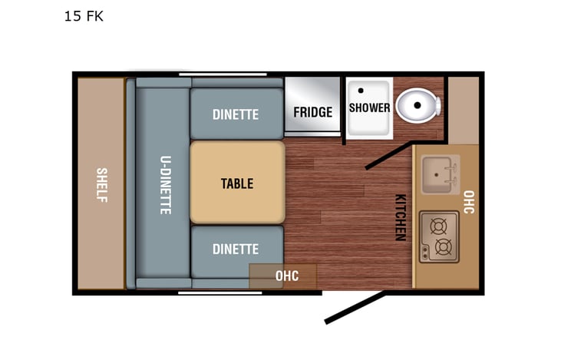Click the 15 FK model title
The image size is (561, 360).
[x=84, y=16]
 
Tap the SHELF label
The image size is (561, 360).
[x=101, y=184]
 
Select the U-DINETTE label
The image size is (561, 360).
[x=165, y=184]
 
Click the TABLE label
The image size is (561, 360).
[x=237, y=183]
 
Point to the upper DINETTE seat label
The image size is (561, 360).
[x=236, y=114]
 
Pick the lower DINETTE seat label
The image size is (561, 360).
[x=236, y=249]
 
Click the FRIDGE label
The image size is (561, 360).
[x=313, y=112]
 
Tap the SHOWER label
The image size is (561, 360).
[x=369, y=107]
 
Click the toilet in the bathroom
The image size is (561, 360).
[x=420, y=107]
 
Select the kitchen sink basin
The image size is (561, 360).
[x=440, y=175]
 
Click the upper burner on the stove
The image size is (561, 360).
[x=439, y=226]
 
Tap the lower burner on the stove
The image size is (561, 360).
[x=443, y=247]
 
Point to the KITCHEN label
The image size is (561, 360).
[x=400, y=217]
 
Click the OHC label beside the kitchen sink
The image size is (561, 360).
[x=469, y=202]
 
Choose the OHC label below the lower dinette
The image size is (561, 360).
[x=286, y=276]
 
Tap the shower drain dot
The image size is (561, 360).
[x=359, y=91]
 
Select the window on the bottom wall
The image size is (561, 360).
[x=207, y=292]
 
